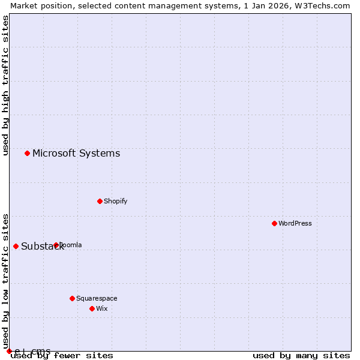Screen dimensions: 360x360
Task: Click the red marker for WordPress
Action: (x=274, y=223)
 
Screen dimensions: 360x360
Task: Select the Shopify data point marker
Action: (x=100, y=201)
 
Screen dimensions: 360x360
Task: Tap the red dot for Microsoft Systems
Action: (x=27, y=153)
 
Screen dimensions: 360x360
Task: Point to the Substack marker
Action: (x=16, y=246)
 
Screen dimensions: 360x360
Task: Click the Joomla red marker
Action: (x=56, y=245)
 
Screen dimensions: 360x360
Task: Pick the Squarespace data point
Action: (x=72, y=298)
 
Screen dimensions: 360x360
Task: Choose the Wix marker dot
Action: (x=92, y=308)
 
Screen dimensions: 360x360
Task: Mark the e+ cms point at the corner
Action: (x=9, y=351)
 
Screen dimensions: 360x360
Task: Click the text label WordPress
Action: (x=295, y=223)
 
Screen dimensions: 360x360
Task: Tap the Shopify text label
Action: (x=115, y=201)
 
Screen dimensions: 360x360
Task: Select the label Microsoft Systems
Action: (x=76, y=153)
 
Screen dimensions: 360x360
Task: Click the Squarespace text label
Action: (x=97, y=298)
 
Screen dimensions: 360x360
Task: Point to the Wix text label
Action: (x=101, y=308)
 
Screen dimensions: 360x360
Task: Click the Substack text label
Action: (x=42, y=247)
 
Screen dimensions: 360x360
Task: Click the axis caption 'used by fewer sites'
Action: (x=62, y=356)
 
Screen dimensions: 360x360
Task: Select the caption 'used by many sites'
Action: (x=301, y=356)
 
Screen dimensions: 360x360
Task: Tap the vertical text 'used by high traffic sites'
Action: (x=5, y=86)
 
